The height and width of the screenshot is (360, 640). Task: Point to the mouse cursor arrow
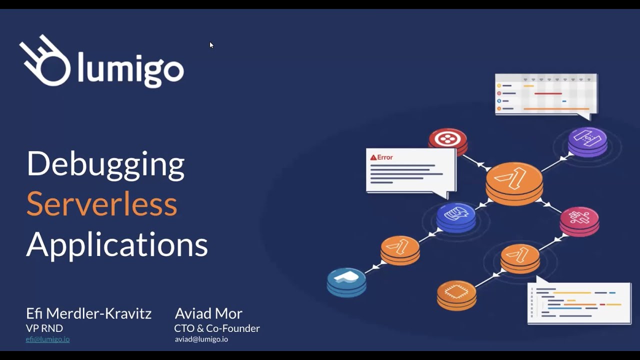(x=211, y=45)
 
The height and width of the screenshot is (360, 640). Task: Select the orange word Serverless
(x=101, y=204)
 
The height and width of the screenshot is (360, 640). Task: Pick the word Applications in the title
(x=117, y=244)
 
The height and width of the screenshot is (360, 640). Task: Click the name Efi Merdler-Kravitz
(x=88, y=313)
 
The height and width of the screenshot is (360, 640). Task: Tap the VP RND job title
(x=44, y=328)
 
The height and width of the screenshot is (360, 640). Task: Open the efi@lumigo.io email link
(x=47, y=339)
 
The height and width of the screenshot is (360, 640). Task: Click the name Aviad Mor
(x=208, y=313)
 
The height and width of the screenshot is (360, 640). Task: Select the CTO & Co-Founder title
(x=217, y=328)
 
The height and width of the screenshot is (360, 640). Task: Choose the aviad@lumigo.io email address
(x=201, y=339)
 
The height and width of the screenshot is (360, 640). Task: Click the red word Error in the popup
(x=385, y=157)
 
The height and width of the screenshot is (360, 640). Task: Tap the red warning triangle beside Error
(x=373, y=157)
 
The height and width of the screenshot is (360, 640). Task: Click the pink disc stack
(x=579, y=220)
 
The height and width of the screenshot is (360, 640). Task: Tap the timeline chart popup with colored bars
(x=546, y=94)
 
